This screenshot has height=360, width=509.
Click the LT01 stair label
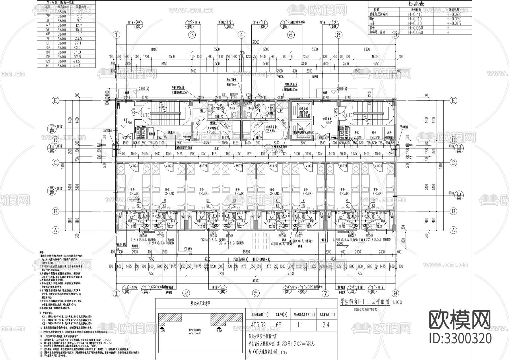click(146, 115)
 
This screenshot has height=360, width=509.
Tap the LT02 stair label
click(350, 115)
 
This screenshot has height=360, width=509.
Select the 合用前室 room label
click(329, 119)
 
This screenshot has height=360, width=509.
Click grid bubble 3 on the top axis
click(192, 35)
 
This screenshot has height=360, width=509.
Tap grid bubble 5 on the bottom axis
click(256, 293)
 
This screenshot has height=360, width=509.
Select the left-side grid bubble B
click(56, 211)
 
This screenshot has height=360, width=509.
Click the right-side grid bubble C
click(453, 163)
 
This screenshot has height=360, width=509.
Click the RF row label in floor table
click(48, 66)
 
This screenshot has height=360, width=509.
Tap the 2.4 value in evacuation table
click(326, 325)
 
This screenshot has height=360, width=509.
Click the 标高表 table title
click(416, 4)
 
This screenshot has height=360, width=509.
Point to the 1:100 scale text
click(397, 302)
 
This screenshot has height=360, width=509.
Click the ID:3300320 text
click(460, 338)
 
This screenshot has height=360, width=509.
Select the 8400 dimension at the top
click(154, 49)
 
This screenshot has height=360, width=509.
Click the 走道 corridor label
click(216, 148)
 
